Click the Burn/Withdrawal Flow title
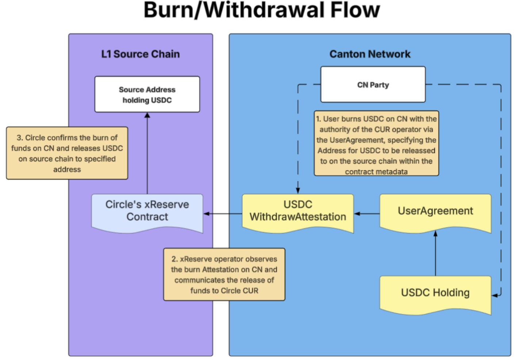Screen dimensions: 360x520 click(x=261, y=10)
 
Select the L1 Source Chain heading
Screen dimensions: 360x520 click(x=140, y=54)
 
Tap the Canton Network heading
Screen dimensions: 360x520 click(x=370, y=54)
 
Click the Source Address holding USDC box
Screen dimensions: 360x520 click(x=147, y=94)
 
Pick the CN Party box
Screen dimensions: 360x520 click(x=373, y=84)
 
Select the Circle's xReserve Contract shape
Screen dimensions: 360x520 click(x=147, y=211)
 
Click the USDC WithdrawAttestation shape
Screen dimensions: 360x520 click(x=298, y=211)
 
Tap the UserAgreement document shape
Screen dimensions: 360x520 click(x=435, y=211)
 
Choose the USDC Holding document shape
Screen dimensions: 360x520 click(x=435, y=293)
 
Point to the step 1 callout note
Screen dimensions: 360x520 click(x=376, y=143)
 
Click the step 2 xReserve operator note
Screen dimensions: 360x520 click(x=224, y=274)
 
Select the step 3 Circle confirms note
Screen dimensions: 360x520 click(x=67, y=153)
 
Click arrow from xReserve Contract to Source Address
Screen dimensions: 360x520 click(x=147, y=154)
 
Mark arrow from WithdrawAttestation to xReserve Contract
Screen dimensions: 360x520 click(x=223, y=214)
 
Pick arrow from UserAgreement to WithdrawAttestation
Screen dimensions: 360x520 click(x=367, y=214)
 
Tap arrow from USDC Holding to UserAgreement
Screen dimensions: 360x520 click(x=435, y=254)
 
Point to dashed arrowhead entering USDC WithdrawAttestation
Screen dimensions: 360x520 click(x=298, y=190)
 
